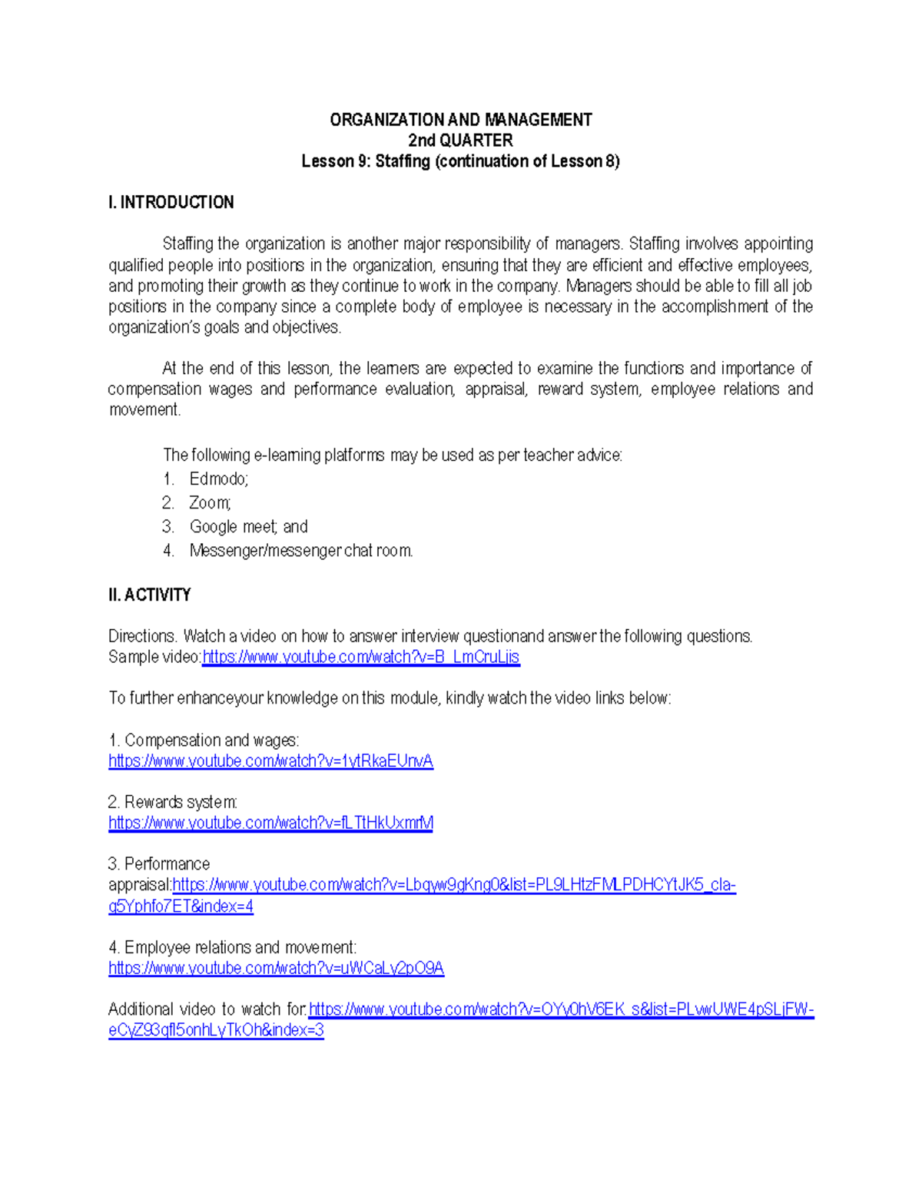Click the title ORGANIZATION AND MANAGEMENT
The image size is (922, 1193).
coord(460,120)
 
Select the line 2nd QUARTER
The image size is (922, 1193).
coord(460,141)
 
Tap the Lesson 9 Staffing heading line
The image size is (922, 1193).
coord(460,161)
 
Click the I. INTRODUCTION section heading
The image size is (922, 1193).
coord(171,203)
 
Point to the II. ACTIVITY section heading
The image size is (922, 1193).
coord(150,595)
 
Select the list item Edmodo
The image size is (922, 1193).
coord(218,479)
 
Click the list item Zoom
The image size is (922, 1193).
coord(210,503)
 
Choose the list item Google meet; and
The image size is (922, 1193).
coord(248,527)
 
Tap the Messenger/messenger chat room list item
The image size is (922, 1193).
coord(301,551)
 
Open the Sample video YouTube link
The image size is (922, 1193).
coord(360,658)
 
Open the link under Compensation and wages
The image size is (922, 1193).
coord(270,761)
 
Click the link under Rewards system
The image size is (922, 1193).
coord(270,824)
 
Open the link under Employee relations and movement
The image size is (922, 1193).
coord(276,969)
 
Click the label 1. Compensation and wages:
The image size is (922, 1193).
coord(204,741)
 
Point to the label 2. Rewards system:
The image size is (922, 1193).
coord(173,803)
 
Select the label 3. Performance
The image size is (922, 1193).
coord(159,864)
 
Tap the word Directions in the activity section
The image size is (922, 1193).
coord(142,637)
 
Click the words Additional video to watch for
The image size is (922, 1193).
coord(207,1009)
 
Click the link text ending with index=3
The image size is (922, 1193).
coord(216,1031)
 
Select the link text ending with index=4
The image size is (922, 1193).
coord(181,906)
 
